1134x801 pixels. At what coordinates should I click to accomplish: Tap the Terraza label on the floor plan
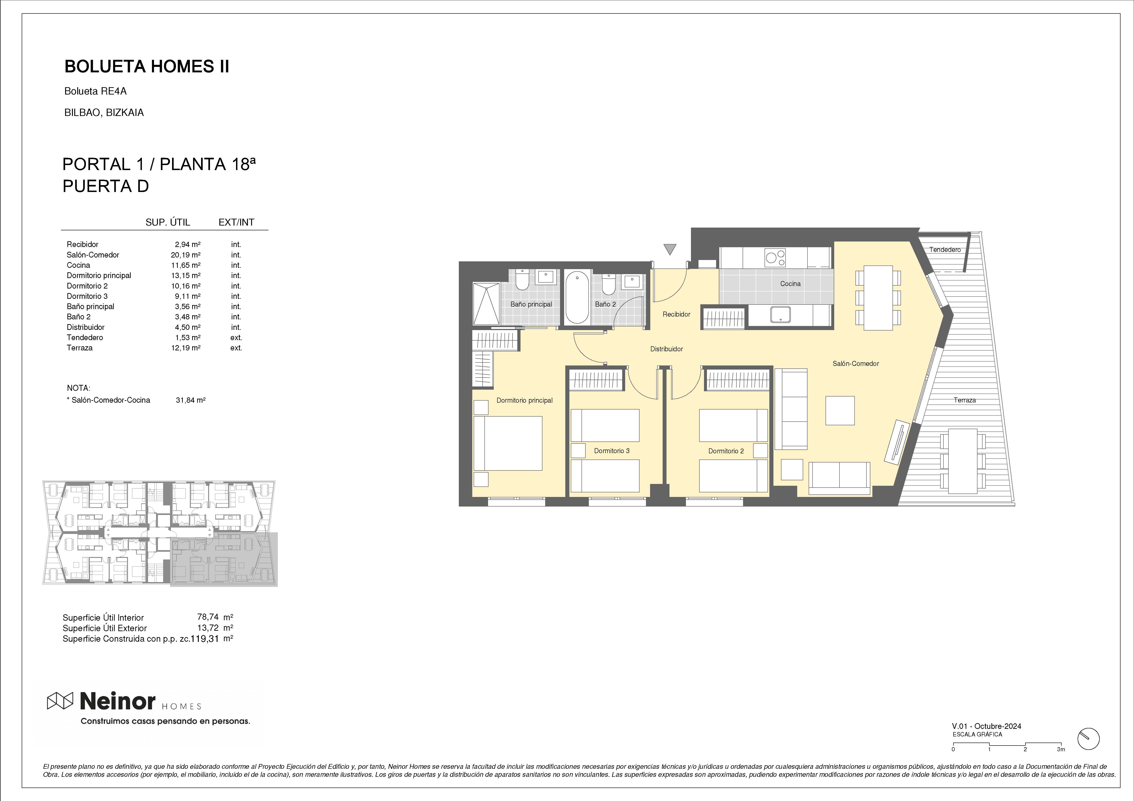pyautogui.click(x=965, y=400)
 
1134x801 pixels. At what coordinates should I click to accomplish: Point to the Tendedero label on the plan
pyautogui.click(x=945, y=250)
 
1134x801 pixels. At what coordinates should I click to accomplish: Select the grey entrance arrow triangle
pyautogui.click(x=670, y=249)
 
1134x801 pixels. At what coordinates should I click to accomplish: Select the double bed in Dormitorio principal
pyautogui.click(x=508, y=443)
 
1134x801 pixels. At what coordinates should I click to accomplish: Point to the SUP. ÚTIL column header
pyautogui.click(x=168, y=223)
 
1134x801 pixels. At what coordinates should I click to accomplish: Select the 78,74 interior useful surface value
pyautogui.click(x=208, y=617)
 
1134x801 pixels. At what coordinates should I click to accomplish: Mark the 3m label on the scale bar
pyautogui.click(x=1061, y=763)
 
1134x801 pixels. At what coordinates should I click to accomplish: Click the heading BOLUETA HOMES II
pyautogui.click(x=147, y=67)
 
